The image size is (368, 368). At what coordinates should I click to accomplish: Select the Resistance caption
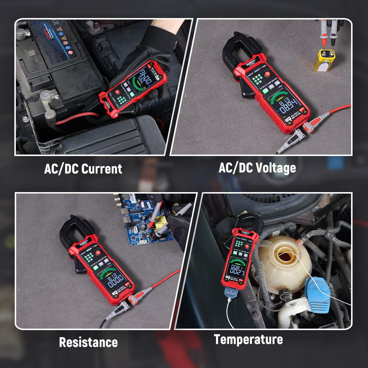click(88, 342)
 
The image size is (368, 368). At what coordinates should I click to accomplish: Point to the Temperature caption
click(248, 339)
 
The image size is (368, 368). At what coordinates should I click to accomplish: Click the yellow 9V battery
click(324, 60)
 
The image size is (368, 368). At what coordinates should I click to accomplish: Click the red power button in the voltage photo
click(268, 73)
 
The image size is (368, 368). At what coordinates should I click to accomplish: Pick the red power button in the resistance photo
click(98, 253)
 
